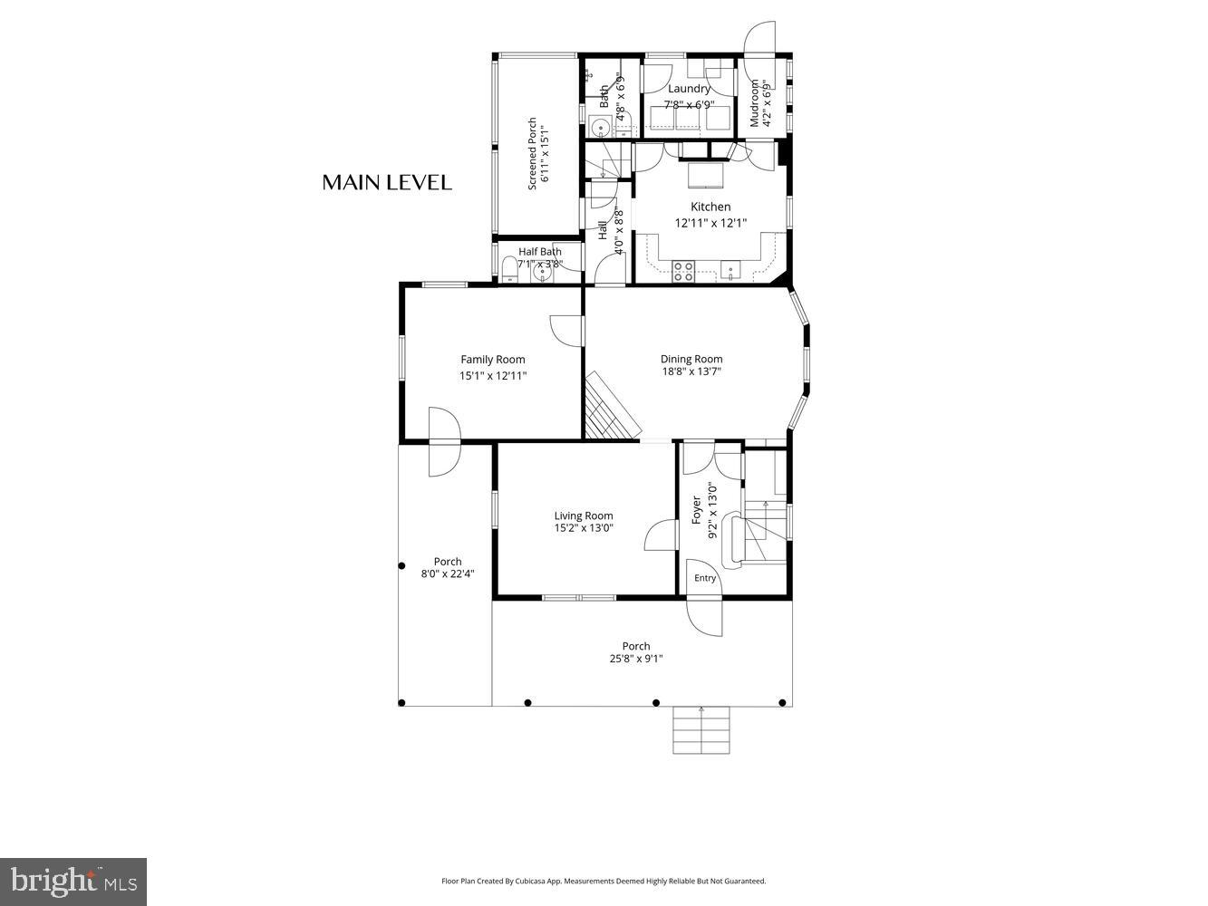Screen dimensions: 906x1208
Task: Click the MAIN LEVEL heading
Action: [x=387, y=182]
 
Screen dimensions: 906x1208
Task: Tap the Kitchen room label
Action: [x=710, y=207]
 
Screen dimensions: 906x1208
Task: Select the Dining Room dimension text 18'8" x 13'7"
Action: [x=691, y=371]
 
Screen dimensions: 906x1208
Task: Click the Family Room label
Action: [x=492, y=360]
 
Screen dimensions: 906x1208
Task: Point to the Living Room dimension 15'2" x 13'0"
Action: [x=584, y=527]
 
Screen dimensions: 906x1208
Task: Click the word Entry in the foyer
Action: [x=705, y=578]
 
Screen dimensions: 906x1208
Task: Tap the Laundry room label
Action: [x=689, y=89]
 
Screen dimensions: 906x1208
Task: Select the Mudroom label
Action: [x=754, y=103]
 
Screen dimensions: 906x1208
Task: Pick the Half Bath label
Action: [x=539, y=252]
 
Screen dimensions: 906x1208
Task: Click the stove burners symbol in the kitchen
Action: [x=683, y=269]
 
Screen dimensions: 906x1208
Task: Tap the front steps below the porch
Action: [x=701, y=729]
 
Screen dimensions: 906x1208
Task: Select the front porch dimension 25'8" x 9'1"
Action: [x=636, y=659]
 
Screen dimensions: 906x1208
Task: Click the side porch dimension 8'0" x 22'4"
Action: [x=448, y=573]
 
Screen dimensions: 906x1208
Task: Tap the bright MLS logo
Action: [x=73, y=882]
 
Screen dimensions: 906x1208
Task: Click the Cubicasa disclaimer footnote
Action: [x=604, y=881]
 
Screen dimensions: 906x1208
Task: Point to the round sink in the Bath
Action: [x=599, y=126]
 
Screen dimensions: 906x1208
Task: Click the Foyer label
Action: [x=697, y=510]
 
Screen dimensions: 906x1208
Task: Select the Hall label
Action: [x=603, y=231]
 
